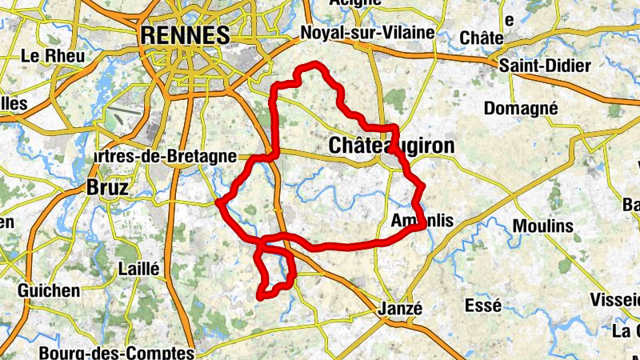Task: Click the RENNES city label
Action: point(185,35)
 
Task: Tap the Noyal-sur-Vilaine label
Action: point(367,33)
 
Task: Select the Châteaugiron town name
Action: point(391,146)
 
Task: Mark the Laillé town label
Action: point(138,269)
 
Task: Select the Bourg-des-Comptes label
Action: point(116,352)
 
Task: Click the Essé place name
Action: point(482,305)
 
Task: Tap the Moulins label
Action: point(543,226)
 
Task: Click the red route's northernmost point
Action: point(315,63)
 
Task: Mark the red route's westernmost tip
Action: point(218,203)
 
